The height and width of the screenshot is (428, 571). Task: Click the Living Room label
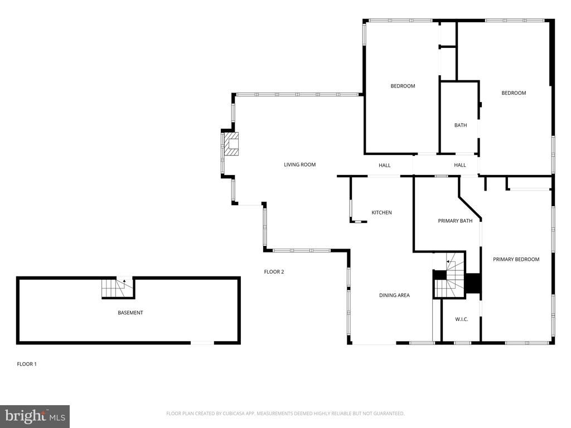pos(299,164)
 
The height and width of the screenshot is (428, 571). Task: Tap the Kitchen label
pos(381,212)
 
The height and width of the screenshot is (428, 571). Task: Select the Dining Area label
pos(394,295)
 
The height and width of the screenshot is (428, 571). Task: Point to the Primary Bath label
pos(455,221)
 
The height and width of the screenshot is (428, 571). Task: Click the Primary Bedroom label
pos(516,260)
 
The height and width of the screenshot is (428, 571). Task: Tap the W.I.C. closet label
pos(461,319)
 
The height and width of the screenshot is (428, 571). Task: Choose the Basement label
pos(130,313)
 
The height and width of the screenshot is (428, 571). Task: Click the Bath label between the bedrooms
pos(460,125)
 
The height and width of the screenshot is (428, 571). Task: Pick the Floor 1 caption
pos(27,364)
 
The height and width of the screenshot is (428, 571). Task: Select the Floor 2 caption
pos(274,271)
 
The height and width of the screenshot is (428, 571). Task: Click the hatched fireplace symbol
pos(231,144)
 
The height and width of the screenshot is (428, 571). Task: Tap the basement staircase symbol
pos(117,288)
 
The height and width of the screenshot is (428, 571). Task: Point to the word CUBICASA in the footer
pos(238,414)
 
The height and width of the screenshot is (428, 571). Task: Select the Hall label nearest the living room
pos(385,165)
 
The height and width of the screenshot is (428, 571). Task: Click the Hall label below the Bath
pos(460,165)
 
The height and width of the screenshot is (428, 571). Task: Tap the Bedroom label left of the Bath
pos(403,86)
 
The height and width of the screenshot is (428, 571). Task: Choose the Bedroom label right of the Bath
pos(514,93)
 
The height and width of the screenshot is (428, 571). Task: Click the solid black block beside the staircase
pos(473,283)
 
